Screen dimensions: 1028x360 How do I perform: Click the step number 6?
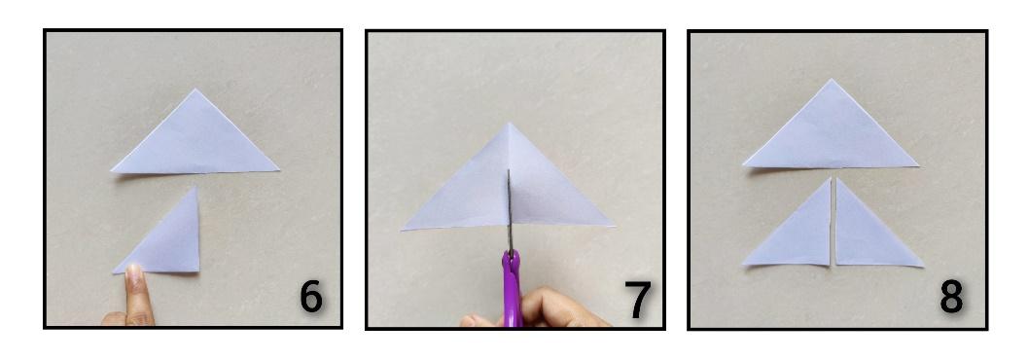coord(311,297)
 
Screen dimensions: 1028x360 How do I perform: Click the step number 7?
coord(637,301)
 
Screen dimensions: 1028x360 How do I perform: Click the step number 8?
coord(951,297)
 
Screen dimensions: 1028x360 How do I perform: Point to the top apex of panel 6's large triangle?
coord(195,90)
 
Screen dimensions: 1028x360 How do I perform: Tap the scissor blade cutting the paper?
coord(510,210)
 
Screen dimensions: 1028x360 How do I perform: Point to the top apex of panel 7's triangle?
coord(510,123)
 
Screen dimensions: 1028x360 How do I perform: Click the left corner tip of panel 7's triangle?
coord(402,230)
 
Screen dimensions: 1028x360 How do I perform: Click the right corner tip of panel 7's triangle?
coord(615,227)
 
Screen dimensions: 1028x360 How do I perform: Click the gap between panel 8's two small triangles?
coord(833,223)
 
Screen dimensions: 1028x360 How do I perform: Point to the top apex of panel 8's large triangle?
coord(832,80)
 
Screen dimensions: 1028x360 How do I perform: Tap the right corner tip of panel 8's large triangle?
coord(918,166)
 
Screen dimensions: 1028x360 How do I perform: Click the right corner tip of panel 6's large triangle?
coord(279,170)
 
